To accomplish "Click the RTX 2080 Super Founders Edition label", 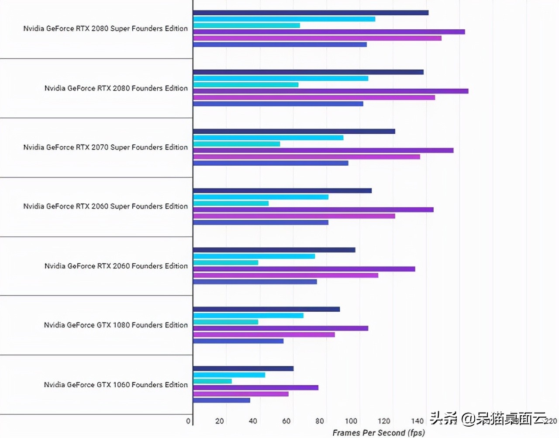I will tap(105, 28).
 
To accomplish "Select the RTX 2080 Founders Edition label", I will tap(116, 88).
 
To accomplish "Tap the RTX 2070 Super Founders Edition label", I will tap(105, 147).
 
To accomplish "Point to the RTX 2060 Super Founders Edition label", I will tap(105, 206).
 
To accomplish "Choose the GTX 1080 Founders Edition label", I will tap(116, 325).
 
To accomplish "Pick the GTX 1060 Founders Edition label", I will tap(116, 385).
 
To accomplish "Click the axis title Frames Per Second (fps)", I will tap(378, 433).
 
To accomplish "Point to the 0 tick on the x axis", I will tap(188, 421).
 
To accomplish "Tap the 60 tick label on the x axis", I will tap(286, 421).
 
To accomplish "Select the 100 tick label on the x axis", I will tap(351, 421).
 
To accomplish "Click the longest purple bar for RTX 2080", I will tap(331, 91).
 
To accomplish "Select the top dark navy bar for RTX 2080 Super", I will tap(311, 13).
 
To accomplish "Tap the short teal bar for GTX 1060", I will tap(212, 381).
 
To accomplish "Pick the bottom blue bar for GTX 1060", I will tap(221, 400).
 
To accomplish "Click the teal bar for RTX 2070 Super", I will tap(236, 144).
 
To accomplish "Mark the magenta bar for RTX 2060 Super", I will tap(294, 216).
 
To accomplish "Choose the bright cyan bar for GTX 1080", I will tap(248, 315).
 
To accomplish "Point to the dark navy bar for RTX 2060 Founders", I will tap(274, 250).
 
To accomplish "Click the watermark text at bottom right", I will tap(488, 418).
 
